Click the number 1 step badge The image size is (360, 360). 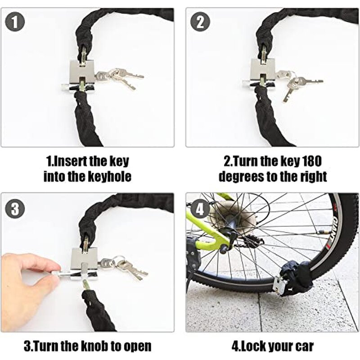[16, 22]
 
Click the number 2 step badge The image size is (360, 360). [200, 22]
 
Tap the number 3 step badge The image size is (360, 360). [16, 209]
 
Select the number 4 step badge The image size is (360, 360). [200, 209]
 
